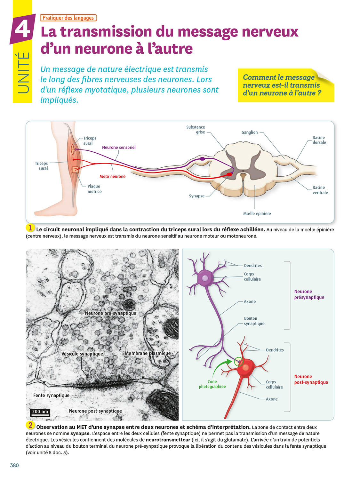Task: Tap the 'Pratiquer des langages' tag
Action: pyautogui.click(x=68, y=18)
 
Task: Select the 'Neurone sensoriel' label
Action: pyautogui.click(x=119, y=148)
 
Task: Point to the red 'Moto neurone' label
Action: pyautogui.click(x=112, y=176)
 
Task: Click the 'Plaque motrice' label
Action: pyautogui.click(x=94, y=189)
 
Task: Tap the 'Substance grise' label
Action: pyautogui.click(x=196, y=130)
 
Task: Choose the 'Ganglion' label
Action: pyautogui.click(x=249, y=132)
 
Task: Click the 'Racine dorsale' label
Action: pyautogui.click(x=319, y=140)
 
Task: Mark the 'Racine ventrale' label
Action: pyautogui.click(x=320, y=190)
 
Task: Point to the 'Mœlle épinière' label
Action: pyautogui.click(x=257, y=214)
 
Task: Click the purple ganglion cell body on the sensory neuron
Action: pyautogui.click(x=202, y=158)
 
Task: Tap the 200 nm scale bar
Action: pyautogui.click(x=40, y=412)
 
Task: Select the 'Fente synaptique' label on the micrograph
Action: pyautogui.click(x=51, y=396)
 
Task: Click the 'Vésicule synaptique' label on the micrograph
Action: pyautogui.click(x=82, y=354)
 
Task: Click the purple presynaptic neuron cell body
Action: pyautogui.click(x=205, y=278)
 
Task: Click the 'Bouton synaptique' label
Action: pyautogui.click(x=254, y=321)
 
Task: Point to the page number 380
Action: pyautogui.click(x=14, y=465)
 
